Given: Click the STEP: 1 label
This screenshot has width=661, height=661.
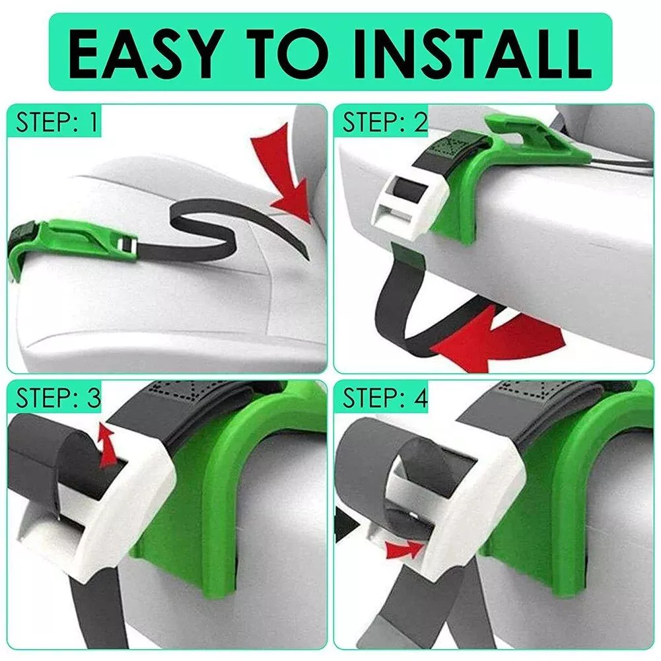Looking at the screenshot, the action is pos(57,122).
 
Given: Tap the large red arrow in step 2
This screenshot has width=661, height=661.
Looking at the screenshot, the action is pos(497,337).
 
